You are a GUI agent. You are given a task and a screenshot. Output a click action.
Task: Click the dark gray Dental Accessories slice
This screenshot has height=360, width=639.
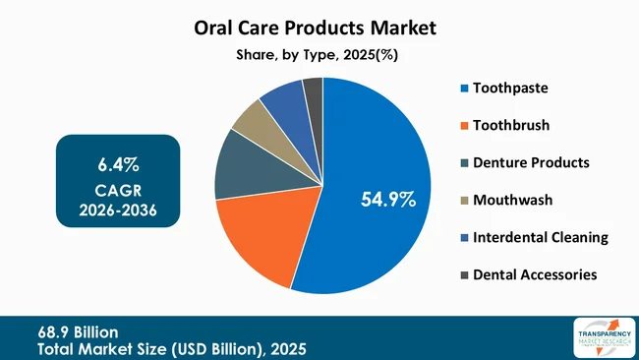point(313,90)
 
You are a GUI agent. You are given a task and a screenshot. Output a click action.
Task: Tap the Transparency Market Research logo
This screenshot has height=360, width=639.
point(601,337)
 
